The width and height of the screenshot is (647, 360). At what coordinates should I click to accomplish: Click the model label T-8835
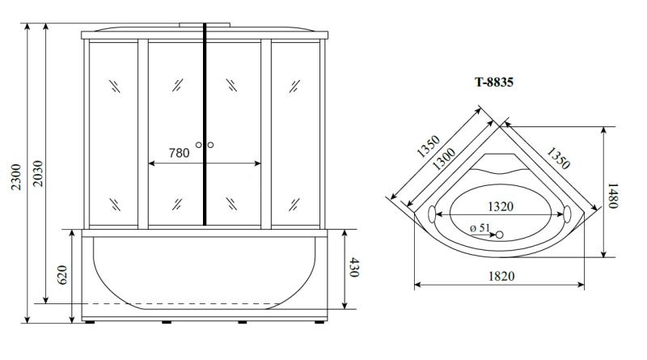pos(494,83)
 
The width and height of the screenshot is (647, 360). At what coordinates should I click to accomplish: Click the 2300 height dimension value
pos(15,177)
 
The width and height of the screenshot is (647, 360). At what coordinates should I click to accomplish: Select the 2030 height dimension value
pos(37,173)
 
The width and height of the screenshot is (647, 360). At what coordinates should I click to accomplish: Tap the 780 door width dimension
pos(179,153)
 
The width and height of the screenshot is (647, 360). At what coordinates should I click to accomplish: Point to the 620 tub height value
pos(62,274)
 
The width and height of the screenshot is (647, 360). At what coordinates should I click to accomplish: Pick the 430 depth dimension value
pos(354,267)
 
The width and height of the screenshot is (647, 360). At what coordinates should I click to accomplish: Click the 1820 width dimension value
pos(501,276)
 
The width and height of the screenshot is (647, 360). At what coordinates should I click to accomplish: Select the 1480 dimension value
pos(612,196)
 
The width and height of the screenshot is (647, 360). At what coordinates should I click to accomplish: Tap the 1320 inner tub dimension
pos(501,206)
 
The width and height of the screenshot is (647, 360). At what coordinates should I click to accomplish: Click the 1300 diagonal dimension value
pos(444,159)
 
